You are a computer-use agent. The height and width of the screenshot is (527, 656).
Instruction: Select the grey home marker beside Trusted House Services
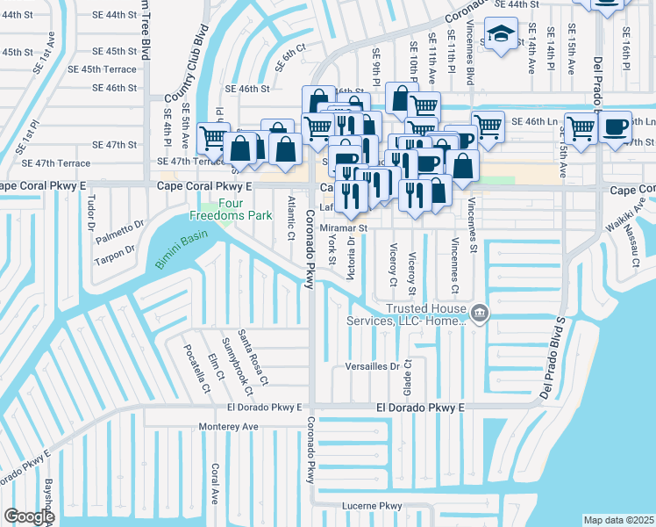point(479,314)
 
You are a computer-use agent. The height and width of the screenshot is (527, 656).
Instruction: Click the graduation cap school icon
point(501,34)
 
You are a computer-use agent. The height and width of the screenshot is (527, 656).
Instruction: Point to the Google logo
point(29,516)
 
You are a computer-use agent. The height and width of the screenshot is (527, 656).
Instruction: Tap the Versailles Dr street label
point(372,365)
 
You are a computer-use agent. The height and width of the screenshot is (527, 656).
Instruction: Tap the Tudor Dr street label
point(90,213)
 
